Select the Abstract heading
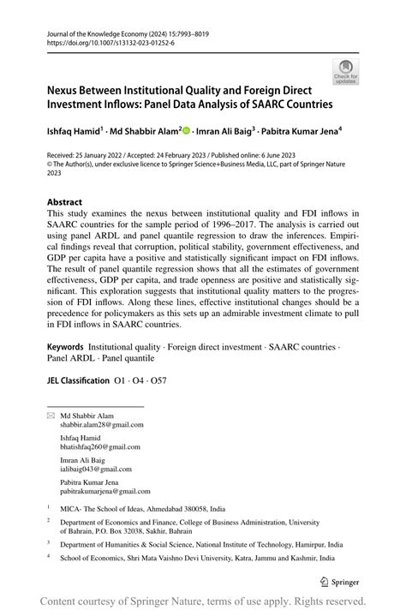pyautogui.click(x=65, y=202)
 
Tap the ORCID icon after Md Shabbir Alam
pyautogui.click(x=186, y=130)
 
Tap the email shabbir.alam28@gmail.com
pyautogui.click(x=101, y=423)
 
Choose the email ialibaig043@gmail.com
pyautogui.click(x=95, y=469)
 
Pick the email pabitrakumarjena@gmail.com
pyautogui.click(x=104, y=491)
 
